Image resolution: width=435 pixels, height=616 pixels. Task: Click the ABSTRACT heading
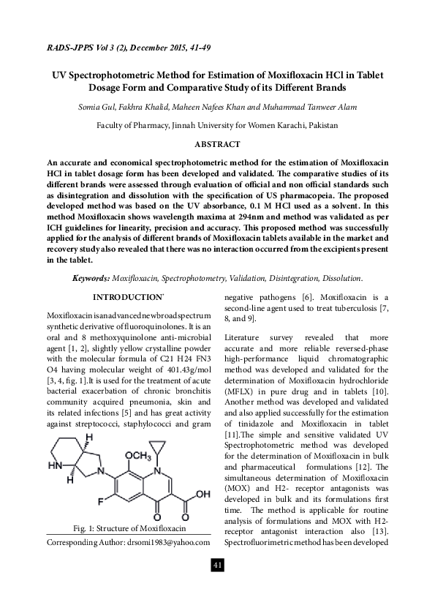coord(217,145)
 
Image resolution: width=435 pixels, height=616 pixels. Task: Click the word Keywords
coord(91,279)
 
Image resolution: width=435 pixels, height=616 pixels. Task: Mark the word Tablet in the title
coord(369,75)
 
